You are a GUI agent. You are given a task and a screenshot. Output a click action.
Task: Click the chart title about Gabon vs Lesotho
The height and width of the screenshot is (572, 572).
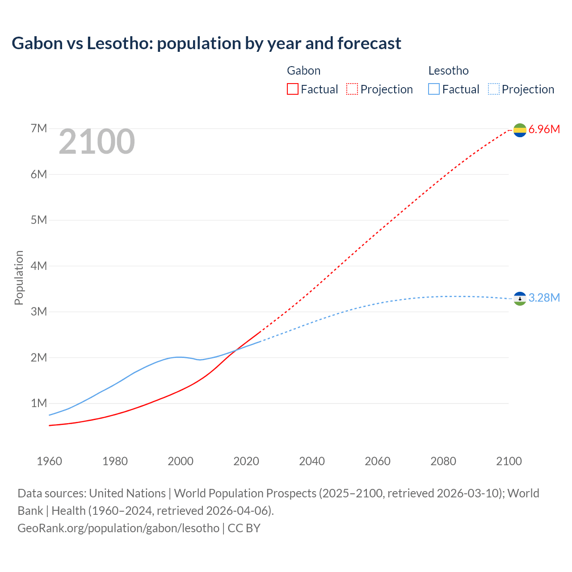coord(206,43)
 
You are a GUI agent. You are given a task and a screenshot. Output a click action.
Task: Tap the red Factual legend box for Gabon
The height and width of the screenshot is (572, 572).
coord(292,89)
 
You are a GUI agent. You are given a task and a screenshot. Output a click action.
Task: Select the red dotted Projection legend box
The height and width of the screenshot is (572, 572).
coord(352,89)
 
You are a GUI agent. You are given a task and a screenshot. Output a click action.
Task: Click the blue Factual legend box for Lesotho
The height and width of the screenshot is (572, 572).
coord(434,89)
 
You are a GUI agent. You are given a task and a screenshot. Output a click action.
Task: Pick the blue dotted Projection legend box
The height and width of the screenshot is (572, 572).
coord(493,89)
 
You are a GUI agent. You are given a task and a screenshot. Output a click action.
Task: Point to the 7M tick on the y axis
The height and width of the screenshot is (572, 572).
coord(39,129)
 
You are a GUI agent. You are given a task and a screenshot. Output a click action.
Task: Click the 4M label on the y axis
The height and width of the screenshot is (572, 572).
coord(39,266)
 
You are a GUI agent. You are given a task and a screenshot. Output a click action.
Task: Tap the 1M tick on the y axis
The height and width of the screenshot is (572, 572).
coord(39,403)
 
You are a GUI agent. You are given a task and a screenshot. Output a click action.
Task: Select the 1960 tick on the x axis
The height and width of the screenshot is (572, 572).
coord(49,461)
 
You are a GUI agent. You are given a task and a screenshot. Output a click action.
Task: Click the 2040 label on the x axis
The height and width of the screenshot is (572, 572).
coord(312,461)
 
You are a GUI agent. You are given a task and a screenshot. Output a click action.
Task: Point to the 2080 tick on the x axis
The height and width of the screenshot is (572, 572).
coord(443,461)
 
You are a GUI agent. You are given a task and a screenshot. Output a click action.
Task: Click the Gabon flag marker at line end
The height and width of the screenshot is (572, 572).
coord(520,130)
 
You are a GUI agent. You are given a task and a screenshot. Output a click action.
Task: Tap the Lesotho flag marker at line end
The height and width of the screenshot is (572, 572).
coord(520,298)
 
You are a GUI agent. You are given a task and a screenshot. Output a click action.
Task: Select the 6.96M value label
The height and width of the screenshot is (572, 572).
coord(544,130)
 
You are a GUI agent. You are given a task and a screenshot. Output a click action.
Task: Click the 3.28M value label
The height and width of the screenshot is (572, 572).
coord(544,298)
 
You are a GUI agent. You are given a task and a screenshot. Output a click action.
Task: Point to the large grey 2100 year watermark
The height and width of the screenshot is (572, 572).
coord(97,142)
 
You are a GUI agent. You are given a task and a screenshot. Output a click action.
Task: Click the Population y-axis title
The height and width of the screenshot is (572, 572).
coord(19,278)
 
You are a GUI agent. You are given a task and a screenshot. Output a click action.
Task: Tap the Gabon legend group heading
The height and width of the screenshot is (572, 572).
coord(303,71)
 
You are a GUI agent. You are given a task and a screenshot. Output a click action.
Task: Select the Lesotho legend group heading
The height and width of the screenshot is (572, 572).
coord(448,71)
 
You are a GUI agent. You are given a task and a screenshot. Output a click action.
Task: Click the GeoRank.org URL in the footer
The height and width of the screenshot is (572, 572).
coord(118,528)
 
